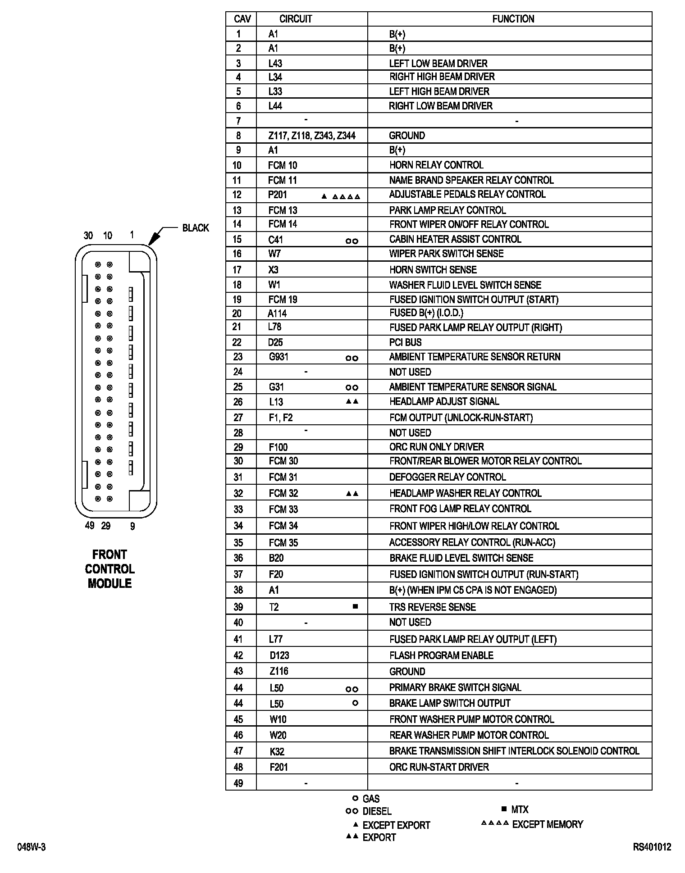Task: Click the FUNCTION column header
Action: point(513,19)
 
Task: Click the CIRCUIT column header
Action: point(296,19)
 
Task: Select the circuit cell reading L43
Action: point(275,64)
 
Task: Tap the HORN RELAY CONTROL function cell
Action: point(436,165)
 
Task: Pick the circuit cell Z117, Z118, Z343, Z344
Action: point(311,136)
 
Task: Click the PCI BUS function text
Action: point(405,342)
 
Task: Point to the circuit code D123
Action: point(279,655)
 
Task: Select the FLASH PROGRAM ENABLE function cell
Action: point(441,655)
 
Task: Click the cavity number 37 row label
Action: point(238,574)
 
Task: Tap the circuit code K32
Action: point(277,751)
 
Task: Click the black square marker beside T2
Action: point(355,607)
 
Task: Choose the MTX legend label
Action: point(520,809)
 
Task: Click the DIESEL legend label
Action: point(377,811)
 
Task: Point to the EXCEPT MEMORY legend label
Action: point(548,824)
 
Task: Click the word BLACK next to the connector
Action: point(196,228)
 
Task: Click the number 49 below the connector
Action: point(90,525)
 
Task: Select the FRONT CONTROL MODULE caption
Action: point(110,569)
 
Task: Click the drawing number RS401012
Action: point(652,847)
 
